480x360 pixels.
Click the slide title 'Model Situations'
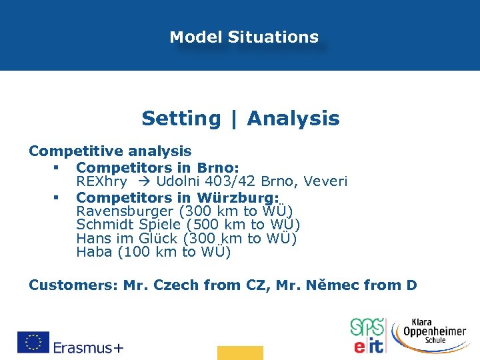click(244, 37)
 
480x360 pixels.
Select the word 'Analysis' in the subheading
click(293, 119)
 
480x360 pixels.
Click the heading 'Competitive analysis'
click(110, 151)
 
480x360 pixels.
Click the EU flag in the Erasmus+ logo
click(33, 342)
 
